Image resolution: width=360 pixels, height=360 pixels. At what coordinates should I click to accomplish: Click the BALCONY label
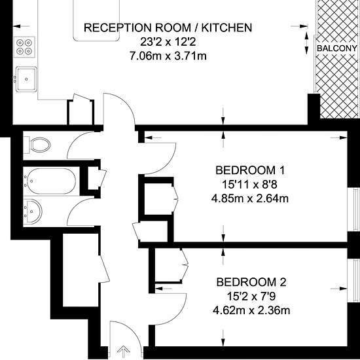click(x=337, y=48)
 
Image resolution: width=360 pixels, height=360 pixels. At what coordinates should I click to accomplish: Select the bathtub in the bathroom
click(x=50, y=181)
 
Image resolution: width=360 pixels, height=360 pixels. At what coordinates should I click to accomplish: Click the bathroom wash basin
click(x=33, y=211)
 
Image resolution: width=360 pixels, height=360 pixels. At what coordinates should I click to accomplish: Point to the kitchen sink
click(x=26, y=79)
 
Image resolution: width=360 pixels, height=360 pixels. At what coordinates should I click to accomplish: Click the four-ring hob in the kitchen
click(x=25, y=47)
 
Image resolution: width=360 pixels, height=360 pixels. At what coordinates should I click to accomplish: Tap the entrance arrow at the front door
click(x=124, y=351)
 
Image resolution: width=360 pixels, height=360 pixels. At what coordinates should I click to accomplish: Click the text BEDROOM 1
click(x=250, y=170)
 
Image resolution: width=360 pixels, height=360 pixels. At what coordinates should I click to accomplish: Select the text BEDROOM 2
click(x=251, y=282)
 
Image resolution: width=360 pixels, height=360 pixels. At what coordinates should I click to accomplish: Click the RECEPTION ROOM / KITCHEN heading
click(x=168, y=27)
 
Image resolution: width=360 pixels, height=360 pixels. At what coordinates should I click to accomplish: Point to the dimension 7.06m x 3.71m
click(x=168, y=56)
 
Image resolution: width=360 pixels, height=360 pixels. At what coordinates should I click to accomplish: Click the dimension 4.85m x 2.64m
click(x=250, y=198)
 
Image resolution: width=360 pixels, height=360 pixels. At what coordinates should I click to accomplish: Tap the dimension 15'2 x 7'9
click(x=251, y=297)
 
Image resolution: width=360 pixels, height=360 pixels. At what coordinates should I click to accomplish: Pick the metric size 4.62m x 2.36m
click(x=251, y=311)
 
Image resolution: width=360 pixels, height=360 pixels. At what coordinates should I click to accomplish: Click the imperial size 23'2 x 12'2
click(x=168, y=42)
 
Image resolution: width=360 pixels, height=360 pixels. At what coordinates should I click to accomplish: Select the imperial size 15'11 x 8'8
click(x=250, y=185)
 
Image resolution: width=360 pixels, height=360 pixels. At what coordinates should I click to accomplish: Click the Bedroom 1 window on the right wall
click(x=353, y=209)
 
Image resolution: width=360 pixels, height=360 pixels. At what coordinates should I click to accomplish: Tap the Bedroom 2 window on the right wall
click(x=353, y=281)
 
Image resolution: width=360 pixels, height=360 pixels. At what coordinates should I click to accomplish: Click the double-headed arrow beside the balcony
click(x=306, y=43)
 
